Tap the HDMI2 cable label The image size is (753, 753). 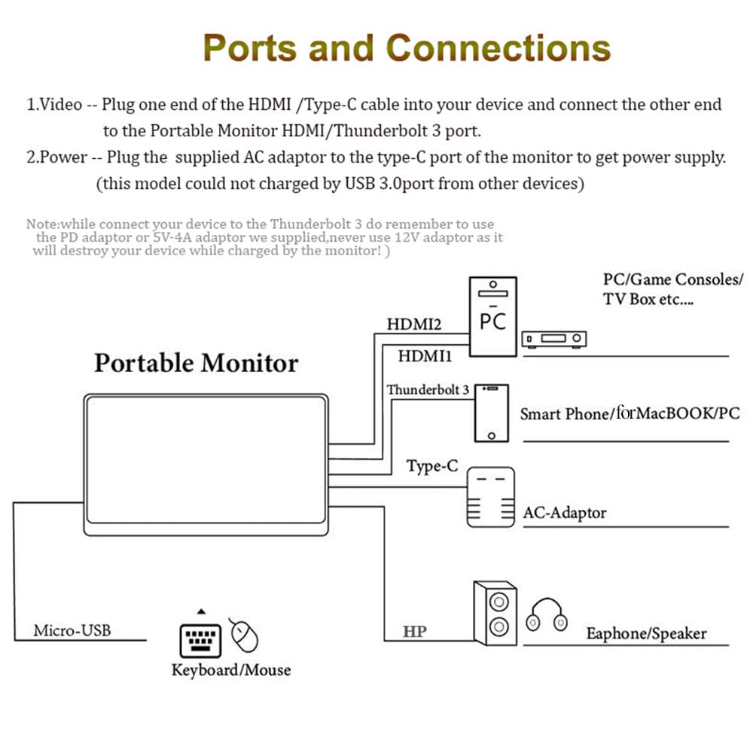click(413, 325)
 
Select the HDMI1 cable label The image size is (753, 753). click(424, 355)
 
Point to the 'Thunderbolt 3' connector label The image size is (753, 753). click(428, 390)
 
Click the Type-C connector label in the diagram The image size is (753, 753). click(431, 466)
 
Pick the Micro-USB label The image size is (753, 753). click(72, 630)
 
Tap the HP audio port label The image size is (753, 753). click(414, 631)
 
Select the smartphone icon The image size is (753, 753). click(491, 413)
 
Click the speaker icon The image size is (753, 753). click(494, 614)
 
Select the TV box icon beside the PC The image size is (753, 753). click(554, 340)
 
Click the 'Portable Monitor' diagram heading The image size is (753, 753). click(196, 363)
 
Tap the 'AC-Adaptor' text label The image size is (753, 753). click(565, 513)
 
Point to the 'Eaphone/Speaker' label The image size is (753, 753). click(646, 633)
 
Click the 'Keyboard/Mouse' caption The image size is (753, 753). click(230, 669)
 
